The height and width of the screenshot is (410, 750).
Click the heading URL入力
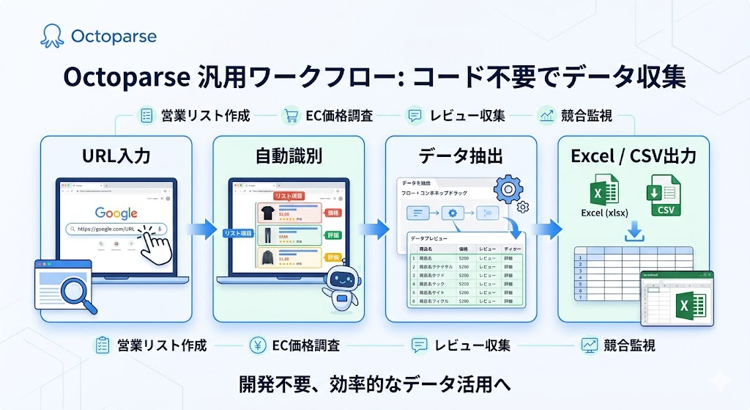116,156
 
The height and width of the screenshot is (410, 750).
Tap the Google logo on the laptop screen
116,213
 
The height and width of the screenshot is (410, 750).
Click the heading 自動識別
289,156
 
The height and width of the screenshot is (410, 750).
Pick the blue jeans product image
267,235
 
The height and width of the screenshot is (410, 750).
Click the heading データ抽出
461,156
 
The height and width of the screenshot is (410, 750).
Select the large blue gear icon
508,189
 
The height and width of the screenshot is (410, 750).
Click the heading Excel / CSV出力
634,156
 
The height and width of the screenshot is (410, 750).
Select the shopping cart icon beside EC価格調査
291,115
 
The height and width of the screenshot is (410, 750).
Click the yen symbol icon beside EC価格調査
259,345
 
